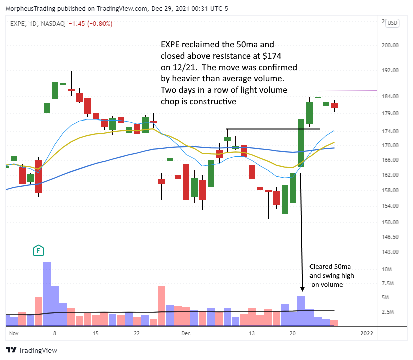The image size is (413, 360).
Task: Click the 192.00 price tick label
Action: tap(390, 71)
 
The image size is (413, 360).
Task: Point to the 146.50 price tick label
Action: tap(390, 237)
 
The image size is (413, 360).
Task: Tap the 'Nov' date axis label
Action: tap(14, 333)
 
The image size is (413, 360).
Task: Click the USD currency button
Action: tap(392, 23)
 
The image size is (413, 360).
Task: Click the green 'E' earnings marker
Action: tap(38, 249)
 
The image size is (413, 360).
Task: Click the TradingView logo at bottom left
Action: tap(31, 350)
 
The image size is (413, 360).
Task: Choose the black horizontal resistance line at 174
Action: tap(272, 129)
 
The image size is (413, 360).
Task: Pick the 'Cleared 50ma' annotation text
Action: tap(329, 266)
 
